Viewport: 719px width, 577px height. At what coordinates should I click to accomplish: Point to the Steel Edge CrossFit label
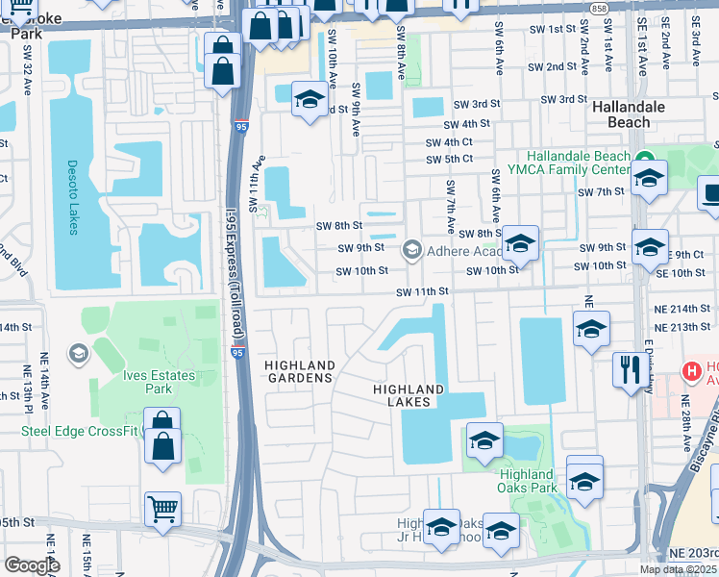click(x=81, y=430)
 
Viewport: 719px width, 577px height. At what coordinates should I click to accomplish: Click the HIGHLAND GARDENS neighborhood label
click(x=300, y=372)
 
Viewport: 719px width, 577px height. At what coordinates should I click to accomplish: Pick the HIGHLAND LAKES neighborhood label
click(x=409, y=395)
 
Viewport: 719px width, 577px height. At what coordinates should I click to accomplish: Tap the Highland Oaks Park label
click(x=527, y=481)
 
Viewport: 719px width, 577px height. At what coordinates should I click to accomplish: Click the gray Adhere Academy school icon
click(x=412, y=251)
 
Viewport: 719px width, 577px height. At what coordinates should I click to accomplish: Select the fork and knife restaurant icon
click(x=631, y=368)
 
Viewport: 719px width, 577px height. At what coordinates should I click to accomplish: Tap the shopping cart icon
click(x=162, y=510)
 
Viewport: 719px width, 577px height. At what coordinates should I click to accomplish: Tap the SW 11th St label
click(x=425, y=291)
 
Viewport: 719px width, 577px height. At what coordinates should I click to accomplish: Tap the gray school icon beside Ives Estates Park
click(x=78, y=353)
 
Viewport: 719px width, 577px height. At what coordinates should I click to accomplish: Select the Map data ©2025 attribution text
click(x=679, y=569)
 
